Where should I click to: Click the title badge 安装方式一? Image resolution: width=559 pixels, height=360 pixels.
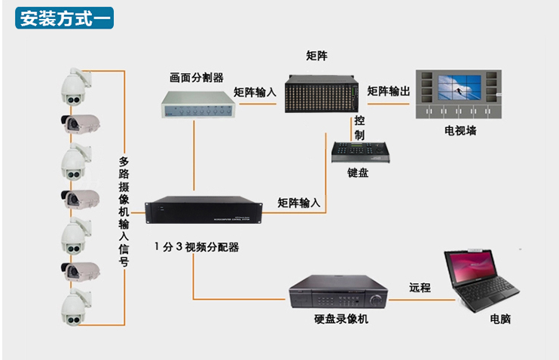(64, 18)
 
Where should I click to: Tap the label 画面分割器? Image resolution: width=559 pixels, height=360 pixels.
(197, 78)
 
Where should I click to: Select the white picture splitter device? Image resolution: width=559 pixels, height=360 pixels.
(198, 105)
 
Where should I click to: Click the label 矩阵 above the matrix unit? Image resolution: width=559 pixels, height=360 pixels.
(316, 56)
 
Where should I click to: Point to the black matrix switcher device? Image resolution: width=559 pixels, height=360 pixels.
(322, 93)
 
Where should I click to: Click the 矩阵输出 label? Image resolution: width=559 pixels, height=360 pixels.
(389, 91)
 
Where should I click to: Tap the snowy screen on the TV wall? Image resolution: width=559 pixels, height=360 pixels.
(459, 87)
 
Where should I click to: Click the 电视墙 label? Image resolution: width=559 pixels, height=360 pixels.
(460, 130)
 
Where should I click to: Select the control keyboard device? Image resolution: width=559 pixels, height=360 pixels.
(360, 152)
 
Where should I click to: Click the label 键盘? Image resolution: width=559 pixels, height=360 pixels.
(358, 173)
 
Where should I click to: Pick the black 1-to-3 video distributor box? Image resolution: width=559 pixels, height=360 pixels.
(203, 209)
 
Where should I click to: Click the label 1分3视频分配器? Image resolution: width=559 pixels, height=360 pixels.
(197, 247)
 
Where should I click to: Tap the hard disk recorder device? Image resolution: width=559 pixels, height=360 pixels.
(338, 291)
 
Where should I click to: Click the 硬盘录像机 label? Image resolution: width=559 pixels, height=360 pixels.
(341, 319)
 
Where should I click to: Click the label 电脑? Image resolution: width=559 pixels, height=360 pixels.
(500, 319)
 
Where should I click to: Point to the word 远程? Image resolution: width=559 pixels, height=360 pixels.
(420, 287)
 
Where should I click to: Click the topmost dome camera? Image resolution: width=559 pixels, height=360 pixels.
(75, 87)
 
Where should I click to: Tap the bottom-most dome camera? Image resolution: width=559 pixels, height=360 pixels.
(75, 307)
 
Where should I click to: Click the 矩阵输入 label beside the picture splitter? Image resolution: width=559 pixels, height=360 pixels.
(255, 93)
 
